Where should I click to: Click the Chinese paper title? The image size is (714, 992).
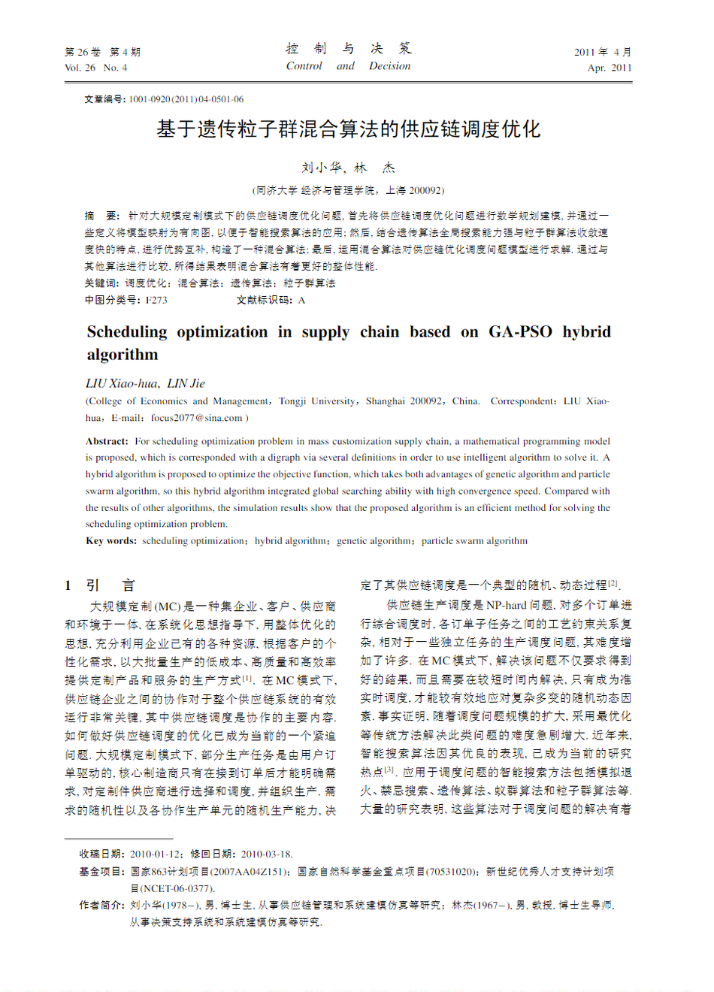coord(348,129)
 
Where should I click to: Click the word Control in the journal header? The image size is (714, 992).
coord(304,66)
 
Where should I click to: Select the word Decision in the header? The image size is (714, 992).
coord(389,66)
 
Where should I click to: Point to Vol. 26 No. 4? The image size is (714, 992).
coord(95,68)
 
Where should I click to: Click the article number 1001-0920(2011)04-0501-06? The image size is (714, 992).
coord(186,99)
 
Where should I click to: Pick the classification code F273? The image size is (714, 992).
coord(156,300)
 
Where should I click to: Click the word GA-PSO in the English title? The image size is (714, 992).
coord(520,331)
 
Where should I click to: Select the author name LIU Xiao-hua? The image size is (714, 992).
coord(121,383)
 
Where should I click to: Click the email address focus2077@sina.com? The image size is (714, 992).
coord(196,418)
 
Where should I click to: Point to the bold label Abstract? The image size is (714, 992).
coord(107,441)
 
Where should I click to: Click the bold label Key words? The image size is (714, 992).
coord(111,540)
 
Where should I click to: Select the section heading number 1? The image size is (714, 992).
coord(68,585)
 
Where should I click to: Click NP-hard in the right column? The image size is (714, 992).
coord(506,605)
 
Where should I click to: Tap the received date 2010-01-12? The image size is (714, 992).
coord(156,854)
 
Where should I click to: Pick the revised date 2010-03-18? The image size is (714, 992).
coord(266,854)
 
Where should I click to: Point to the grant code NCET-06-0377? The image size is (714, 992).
coord(177,888)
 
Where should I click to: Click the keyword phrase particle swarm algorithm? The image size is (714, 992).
coord(474,540)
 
